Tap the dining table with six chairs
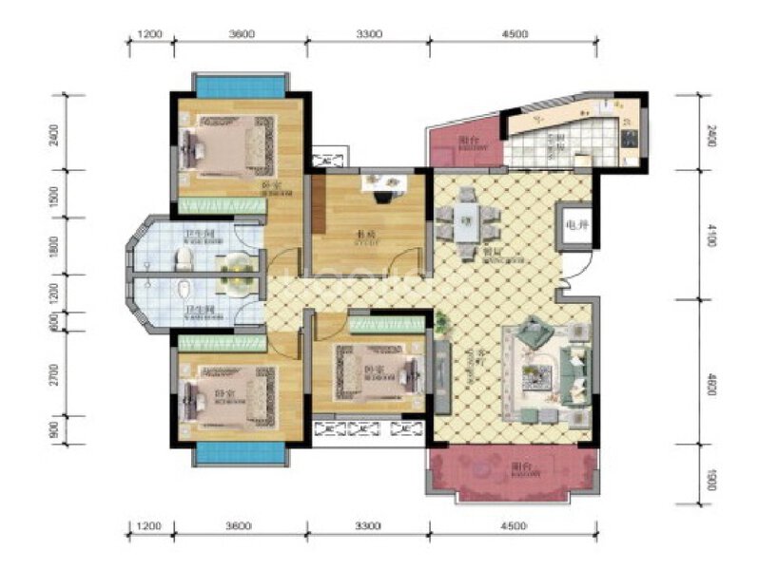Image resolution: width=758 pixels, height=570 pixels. pyautogui.click(x=467, y=224)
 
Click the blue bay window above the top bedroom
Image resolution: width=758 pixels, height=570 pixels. pyautogui.click(x=240, y=85)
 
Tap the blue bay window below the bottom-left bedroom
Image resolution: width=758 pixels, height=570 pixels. pyautogui.click(x=238, y=453)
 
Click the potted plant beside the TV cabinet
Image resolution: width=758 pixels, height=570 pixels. pyautogui.click(x=441, y=327)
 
